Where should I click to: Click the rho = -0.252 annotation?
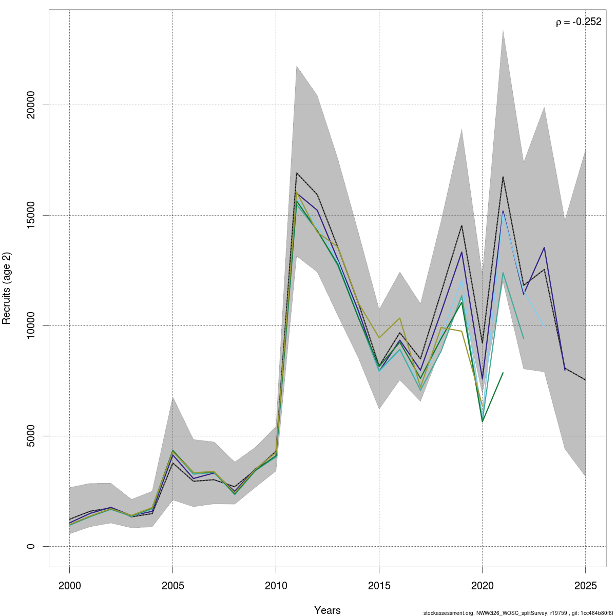pyautogui.click(x=579, y=22)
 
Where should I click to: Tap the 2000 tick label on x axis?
pyautogui.click(x=69, y=586)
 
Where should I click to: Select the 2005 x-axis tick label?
pyautogui.click(x=172, y=586)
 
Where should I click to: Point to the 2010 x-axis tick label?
pyautogui.click(x=276, y=586)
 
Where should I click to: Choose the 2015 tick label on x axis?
pyautogui.click(x=379, y=586)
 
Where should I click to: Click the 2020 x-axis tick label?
pyautogui.click(x=482, y=586)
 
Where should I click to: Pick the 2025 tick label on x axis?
pyautogui.click(x=585, y=586)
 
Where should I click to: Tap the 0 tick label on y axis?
pyautogui.click(x=31, y=546)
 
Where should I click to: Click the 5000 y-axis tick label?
pyautogui.click(x=31, y=436)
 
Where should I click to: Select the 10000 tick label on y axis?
pyautogui.click(x=31, y=325)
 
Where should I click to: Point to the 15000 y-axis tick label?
pyautogui.click(x=31, y=215)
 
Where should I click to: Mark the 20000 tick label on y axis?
pyautogui.click(x=31, y=105)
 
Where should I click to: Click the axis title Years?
pyautogui.click(x=327, y=610)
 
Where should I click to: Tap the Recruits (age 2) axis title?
pyautogui.click(x=7, y=288)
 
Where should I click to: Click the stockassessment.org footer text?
pyautogui.click(x=518, y=613)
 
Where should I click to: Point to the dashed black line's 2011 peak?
pyautogui.click(x=297, y=173)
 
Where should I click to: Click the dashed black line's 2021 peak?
pyautogui.click(x=503, y=177)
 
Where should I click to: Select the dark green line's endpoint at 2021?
pyautogui.click(x=503, y=373)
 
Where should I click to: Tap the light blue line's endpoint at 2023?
pyautogui.click(x=544, y=326)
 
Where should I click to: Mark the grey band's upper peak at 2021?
pyautogui.click(x=503, y=30)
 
